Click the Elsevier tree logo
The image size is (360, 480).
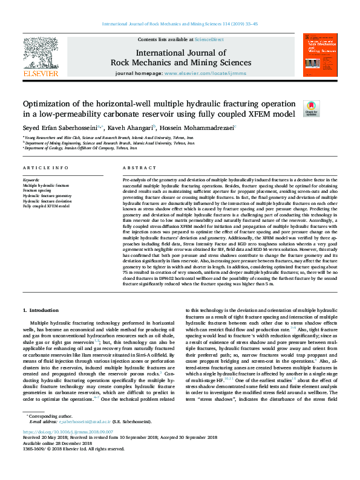coord(41,53)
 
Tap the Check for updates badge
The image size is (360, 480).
coord(311,108)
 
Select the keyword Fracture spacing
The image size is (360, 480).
coord(36,190)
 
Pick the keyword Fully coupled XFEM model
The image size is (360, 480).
coord(46,206)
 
